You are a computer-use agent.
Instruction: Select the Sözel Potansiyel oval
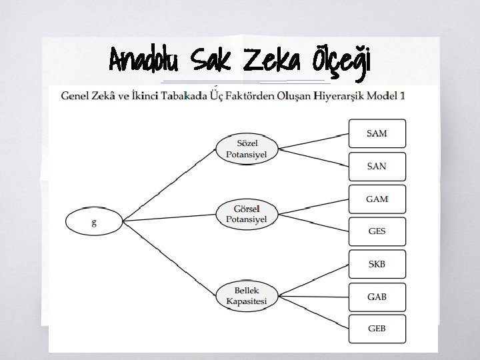247,149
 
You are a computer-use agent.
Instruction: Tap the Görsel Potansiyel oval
247,214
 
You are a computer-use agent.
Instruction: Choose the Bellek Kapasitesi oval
247,296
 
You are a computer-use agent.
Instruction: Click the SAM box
377,133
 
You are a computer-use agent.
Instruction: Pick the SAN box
377,166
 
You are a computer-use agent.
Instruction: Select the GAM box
377,199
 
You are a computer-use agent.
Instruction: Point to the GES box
377,231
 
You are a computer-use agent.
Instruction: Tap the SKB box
377,264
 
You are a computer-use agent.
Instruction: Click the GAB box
377,296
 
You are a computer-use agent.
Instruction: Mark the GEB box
377,329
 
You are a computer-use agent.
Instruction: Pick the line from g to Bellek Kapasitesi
169,258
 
